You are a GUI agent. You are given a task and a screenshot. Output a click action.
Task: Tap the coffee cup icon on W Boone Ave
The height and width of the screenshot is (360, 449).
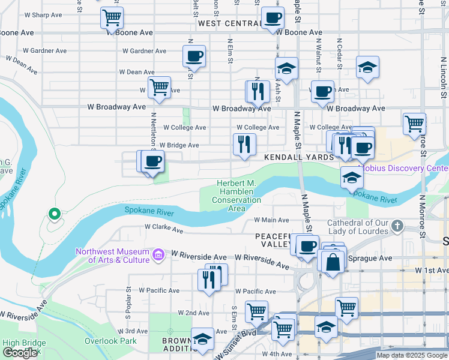click(273, 18)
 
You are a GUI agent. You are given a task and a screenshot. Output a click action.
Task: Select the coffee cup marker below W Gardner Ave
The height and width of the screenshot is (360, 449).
click(194, 56)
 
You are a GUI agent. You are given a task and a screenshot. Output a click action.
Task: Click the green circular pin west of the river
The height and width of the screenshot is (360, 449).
click(54, 213)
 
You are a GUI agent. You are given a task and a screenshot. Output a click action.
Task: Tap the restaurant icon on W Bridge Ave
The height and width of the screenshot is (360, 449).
click(244, 144)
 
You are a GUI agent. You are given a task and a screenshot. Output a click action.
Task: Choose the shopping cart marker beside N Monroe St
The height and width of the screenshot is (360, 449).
click(414, 124)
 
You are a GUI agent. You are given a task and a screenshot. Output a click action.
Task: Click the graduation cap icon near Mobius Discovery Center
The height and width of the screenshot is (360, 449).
click(352, 177)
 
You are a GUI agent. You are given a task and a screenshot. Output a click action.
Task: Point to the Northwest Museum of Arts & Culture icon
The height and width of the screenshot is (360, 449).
click(158, 256)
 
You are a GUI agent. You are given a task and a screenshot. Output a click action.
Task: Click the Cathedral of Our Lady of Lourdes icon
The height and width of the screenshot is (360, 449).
click(396, 226)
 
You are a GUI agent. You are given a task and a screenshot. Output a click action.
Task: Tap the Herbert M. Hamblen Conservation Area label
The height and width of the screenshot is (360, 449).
click(237, 196)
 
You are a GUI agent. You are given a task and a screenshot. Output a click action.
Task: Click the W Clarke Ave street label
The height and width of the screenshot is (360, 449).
click(164, 229)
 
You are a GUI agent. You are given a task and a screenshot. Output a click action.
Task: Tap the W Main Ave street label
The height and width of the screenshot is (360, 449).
click(271, 220)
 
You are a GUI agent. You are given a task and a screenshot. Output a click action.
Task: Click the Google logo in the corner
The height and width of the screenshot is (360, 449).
click(20, 353)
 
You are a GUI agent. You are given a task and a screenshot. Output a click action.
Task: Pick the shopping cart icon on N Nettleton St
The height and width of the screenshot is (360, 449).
click(159, 88)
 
